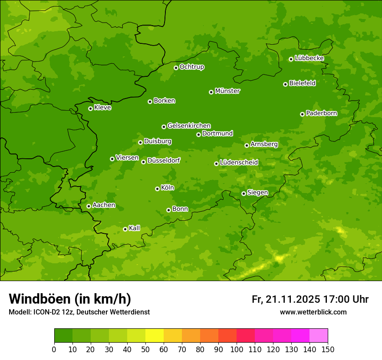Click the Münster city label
point(227,91)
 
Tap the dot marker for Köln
point(157,189)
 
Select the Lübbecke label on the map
point(309,58)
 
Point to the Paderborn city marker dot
point(302,114)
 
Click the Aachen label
point(104,205)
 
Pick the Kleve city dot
point(90,108)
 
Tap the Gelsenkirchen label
point(189,126)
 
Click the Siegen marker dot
point(244,193)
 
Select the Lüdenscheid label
point(239,163)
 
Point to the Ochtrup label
point(191,67)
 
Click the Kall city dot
point(125,229)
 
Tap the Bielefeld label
point(302,83)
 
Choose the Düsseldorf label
point(164,161)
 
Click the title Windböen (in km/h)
point(69,299)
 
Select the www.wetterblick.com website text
point(313,312)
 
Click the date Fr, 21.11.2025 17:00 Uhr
point(310,299)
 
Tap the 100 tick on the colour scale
point(237,349)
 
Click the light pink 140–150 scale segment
point(319,336)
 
